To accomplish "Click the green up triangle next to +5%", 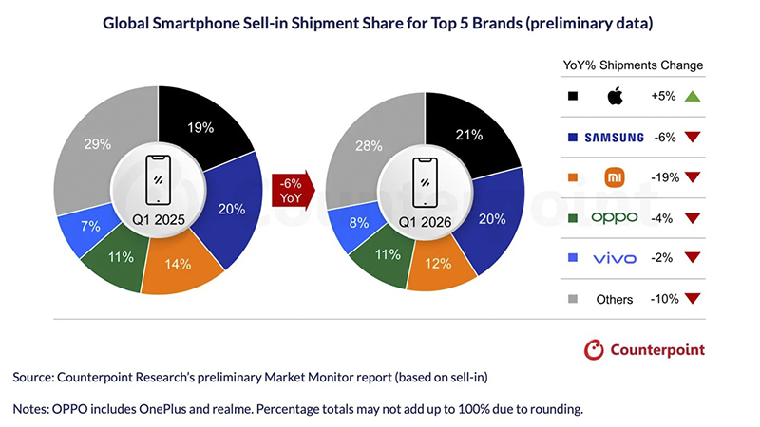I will [x=691, y=96].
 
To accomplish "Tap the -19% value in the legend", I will [x=663, y=176].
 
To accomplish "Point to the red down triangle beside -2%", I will [x=691, y=258].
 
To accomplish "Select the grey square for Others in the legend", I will [x=571, y=299].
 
